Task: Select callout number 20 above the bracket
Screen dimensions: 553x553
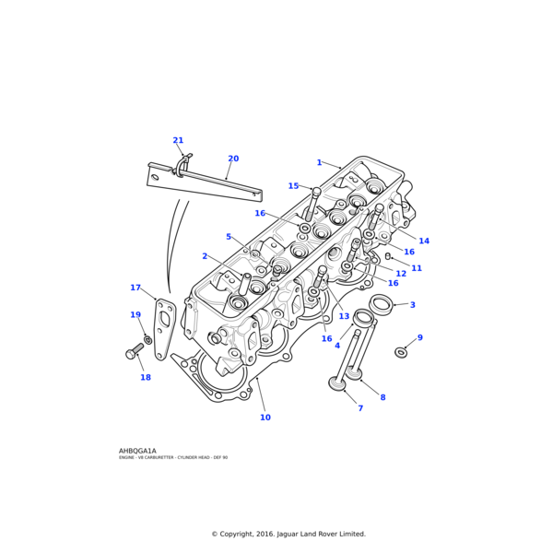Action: [x=233, y=159]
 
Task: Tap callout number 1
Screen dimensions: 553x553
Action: [x=320, y=162]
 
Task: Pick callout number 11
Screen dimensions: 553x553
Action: [x=417, y=268]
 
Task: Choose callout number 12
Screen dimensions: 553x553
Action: [x=401, y=274]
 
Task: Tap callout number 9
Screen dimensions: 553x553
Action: [x=419, y=337]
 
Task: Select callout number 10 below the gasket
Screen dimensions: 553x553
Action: [x=265, y=418]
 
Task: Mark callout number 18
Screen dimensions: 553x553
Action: [x=146, y=377]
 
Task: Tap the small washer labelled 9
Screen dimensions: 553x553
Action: [x=401, y=352]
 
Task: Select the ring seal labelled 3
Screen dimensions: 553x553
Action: [x=381, y=303]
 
